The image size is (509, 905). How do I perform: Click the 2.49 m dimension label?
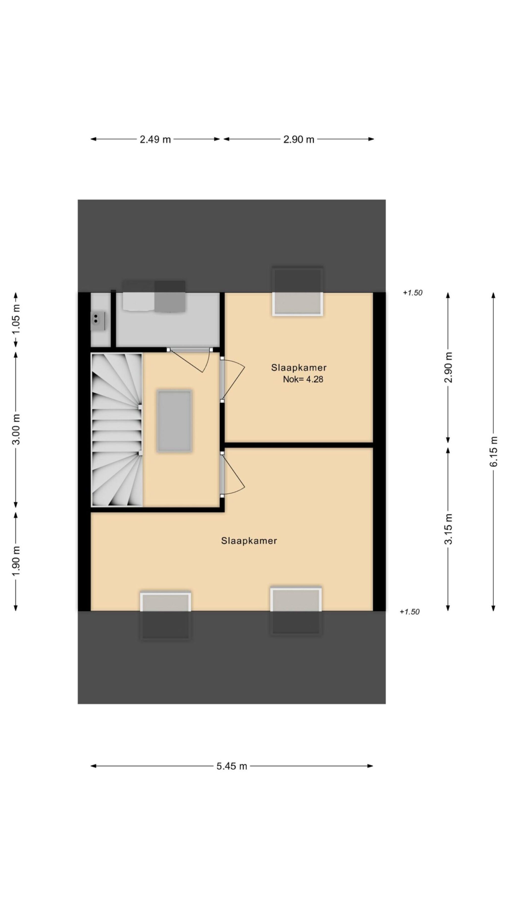[x=155, y=139]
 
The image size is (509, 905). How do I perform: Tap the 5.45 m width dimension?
[x=231, y=766]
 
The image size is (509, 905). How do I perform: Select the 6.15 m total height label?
[x=494, y=451]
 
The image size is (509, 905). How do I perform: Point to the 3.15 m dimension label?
[x=448, y=529]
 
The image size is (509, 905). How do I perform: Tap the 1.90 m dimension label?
[x=16, y=561]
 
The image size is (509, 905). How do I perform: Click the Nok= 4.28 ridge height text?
[x=303, y=379]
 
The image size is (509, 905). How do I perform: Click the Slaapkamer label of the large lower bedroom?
[x=249, y=541]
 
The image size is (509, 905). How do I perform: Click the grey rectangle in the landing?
[x=174, y=421]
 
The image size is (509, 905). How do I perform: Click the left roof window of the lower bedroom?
[x=165, y=616]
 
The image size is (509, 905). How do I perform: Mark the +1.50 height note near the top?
[x=412, y=293]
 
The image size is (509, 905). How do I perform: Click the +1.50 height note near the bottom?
[x=409, y=612]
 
